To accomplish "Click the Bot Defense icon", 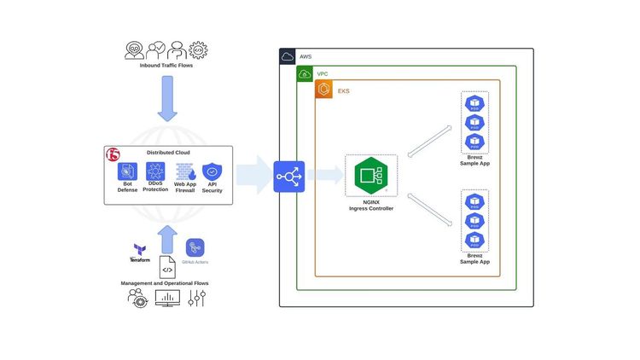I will (x=127, y=171).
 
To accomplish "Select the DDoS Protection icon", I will (x=155, y=171).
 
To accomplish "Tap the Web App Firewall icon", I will (x=184, y=171).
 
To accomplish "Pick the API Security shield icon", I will (x=212, y=171).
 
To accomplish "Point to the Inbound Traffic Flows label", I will (x=166, y=65).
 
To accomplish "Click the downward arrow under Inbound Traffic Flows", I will (x=166, y=98).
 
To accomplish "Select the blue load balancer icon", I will (x=288, y=177).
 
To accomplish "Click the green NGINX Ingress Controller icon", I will (x=371, y=177).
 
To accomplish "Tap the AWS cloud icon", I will (x=288, y=56).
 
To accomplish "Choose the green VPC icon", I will (x=304, y=74).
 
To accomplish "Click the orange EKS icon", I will (x=323, y=90).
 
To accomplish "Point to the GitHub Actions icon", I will (x=195, y=247).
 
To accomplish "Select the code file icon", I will (x=167, y=268).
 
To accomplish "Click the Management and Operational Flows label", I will (x=166, y=283).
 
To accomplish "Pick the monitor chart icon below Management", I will (x=166, y=298).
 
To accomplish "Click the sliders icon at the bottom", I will (x=197, y=298).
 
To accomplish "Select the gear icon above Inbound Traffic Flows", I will (x=199, y=49).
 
